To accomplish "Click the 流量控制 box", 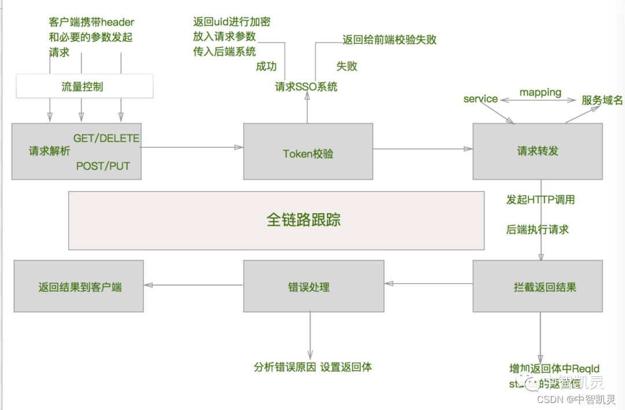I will (84, 86).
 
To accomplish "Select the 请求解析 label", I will (49, 151).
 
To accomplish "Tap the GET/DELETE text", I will (106, 138).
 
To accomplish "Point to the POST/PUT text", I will (103, 166).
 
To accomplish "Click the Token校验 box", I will (307, 153).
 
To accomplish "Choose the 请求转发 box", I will (537, 151).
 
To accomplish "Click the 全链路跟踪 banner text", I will (303, 219).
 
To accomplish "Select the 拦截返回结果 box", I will (537, 287).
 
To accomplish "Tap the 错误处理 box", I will (312, 287).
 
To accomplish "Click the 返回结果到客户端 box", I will (79, 287).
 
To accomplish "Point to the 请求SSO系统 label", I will (306, 87).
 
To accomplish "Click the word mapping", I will (540, 92).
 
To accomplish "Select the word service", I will (480, 98).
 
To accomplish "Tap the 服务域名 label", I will (602, 100).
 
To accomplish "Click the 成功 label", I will (266, 66).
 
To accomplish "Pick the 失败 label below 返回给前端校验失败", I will (347, 66).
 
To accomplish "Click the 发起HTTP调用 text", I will (540, 199).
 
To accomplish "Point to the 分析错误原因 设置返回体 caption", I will (312, 367).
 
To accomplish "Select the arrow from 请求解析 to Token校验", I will (192, 147).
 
